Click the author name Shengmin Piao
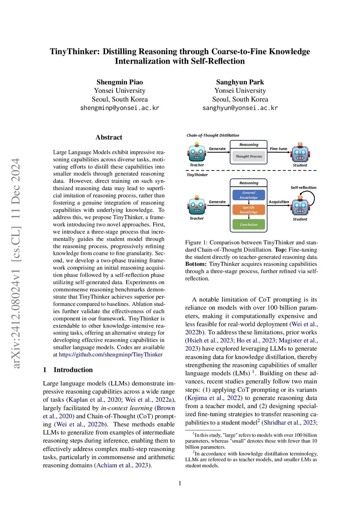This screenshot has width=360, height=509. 120,82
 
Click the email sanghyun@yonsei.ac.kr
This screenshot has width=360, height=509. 240,108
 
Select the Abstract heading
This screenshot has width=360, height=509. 109,137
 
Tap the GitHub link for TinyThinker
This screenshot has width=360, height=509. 111,354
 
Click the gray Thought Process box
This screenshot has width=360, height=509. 249,156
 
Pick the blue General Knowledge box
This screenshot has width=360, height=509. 249,195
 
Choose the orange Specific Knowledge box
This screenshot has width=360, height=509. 249,210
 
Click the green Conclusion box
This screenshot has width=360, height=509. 249,225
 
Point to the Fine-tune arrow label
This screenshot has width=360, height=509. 278,149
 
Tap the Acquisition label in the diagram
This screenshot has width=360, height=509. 279,202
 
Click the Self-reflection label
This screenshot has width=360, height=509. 303,188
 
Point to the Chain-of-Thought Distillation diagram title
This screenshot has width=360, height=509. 213,135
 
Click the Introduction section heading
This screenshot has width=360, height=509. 73,370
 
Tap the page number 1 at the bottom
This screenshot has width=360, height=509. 180,483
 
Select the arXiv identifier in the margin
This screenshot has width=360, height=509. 16,264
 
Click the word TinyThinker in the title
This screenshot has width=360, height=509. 75,52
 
